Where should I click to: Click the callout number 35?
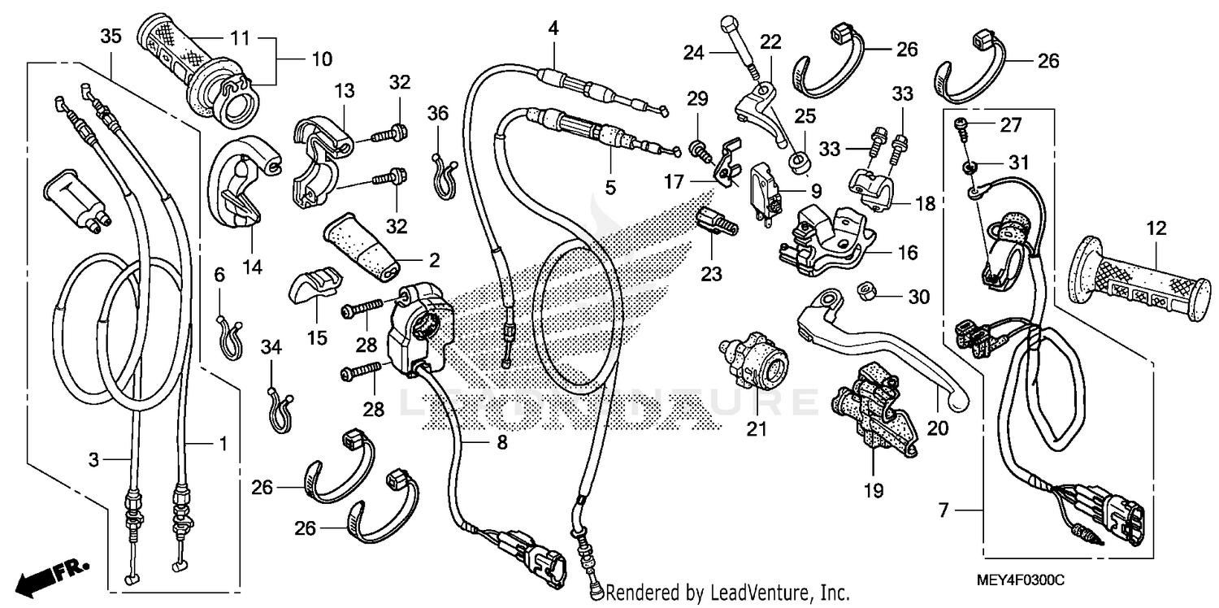[x=111, y=36]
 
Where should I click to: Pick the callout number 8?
[x=501, y=442]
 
